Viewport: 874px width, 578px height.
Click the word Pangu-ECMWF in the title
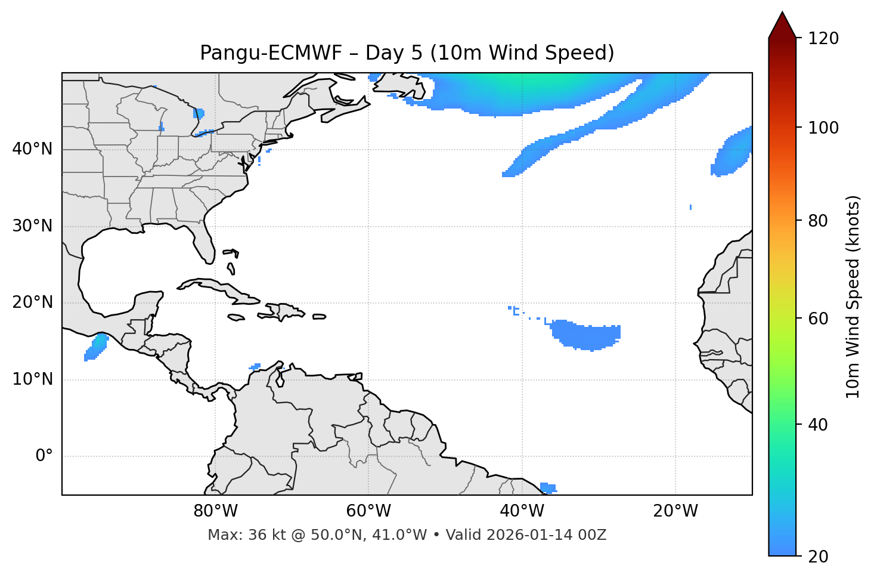click(x=271, y=53)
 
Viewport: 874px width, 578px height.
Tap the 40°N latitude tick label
click(x=32, y=149)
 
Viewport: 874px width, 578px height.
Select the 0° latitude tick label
click(x=44, y=456)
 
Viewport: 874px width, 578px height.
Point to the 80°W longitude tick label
click(x=215, y=511)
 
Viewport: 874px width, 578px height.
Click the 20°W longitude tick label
click(x=675, y=511)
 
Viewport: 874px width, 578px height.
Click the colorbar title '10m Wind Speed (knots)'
click(x=853, y=297)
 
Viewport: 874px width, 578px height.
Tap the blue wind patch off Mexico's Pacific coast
click(x=95, y=347)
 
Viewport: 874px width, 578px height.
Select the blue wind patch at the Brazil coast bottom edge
click(x=547, y=488)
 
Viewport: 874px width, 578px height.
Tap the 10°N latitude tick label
click(x=32, y=379)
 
